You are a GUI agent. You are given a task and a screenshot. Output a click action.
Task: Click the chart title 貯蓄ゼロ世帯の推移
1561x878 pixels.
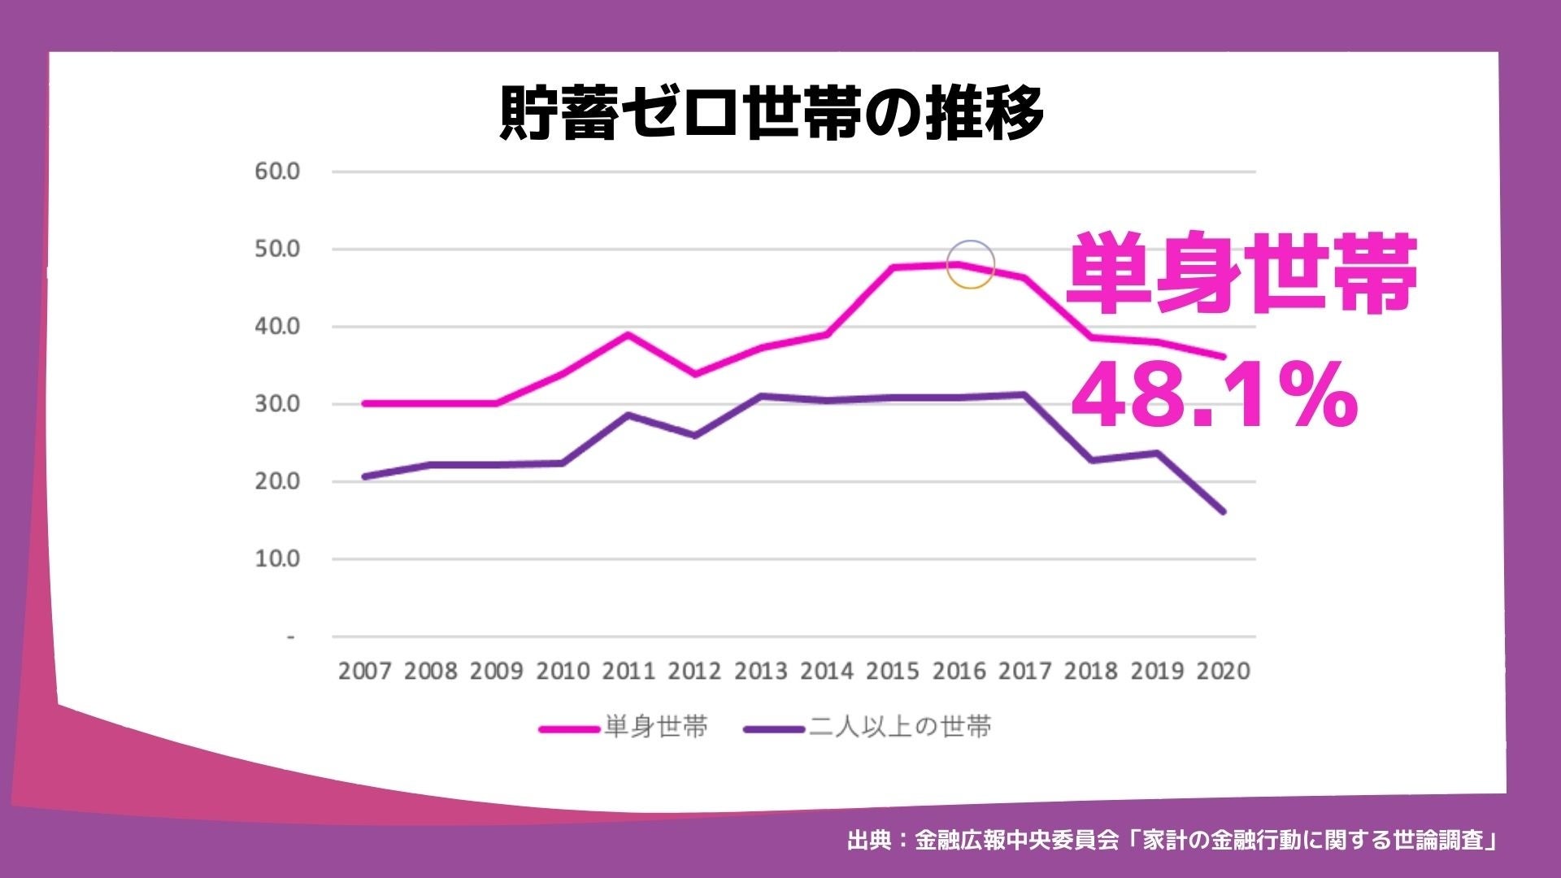pos(771,114)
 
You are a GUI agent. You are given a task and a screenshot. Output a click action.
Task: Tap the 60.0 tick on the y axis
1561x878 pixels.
pos(277,172)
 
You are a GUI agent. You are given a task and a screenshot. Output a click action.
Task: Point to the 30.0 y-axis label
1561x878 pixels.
pos(277,404)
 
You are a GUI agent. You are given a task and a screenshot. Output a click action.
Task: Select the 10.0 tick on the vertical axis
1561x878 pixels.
pos(277,559)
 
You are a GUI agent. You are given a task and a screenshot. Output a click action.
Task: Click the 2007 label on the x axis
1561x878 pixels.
pos(364,672)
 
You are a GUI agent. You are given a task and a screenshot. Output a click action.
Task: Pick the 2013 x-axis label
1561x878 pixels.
pos(760,672)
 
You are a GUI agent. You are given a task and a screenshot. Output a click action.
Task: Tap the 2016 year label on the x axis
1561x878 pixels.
pos(959,672)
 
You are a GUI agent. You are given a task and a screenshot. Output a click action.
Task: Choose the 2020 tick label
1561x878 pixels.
pos(1224,672)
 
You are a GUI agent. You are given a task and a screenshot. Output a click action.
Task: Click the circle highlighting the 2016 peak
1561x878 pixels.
pos(970,265)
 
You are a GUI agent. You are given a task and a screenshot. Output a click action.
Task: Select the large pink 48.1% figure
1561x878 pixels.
pos(1214,398)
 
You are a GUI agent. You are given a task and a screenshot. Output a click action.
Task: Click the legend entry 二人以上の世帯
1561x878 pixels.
pos(899,727)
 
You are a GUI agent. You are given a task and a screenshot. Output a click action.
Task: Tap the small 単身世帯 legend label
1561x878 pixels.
pos(655,727)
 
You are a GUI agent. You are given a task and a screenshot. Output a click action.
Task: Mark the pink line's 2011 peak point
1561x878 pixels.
pos(628,334)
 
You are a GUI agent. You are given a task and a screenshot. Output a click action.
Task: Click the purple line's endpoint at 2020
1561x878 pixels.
pos(1223,511)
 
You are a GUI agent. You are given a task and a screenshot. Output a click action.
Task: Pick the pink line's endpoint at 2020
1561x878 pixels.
pos(1223,356)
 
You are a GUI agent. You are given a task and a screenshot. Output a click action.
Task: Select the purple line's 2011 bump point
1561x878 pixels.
pos(628,415)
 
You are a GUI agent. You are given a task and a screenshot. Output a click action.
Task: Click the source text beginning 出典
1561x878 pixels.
pos(1171,840)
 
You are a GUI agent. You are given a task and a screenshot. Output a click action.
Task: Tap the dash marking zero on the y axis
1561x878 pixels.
pos(290,637)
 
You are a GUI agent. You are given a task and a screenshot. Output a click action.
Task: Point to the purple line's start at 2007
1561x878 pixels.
pos(364,476)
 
